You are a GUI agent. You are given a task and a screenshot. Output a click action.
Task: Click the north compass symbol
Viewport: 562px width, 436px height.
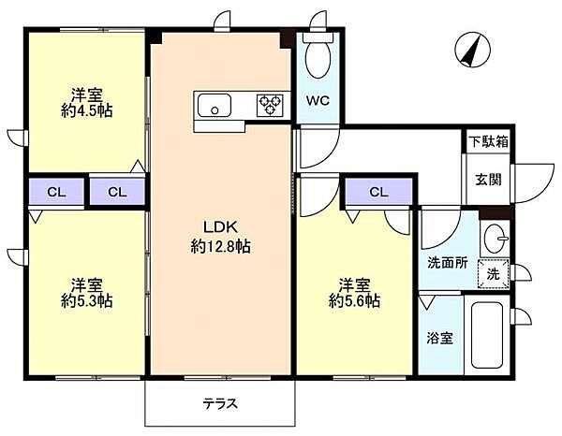(x=473, y=50)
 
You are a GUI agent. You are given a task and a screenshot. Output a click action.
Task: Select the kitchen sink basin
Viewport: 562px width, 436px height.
(x=214, y=106)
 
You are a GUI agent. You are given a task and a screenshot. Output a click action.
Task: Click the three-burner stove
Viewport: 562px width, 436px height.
(x=271, y=106)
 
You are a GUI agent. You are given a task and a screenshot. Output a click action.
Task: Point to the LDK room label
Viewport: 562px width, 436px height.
(x=220, y=226)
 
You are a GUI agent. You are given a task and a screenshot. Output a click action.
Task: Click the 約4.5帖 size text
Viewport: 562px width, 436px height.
(x=87, y=111)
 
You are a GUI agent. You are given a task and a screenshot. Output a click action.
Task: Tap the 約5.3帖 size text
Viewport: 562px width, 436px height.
(x=87, y=301)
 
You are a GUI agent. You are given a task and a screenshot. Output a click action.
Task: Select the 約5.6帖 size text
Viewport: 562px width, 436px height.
(x=354, y=301)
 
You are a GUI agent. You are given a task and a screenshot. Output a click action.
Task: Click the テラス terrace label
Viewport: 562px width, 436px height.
(x=220, y=404)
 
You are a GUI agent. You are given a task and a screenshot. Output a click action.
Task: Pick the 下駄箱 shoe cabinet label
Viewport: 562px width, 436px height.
(x=489, y=142)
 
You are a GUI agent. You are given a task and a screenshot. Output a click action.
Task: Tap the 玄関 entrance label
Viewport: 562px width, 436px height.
(x=488, y=180)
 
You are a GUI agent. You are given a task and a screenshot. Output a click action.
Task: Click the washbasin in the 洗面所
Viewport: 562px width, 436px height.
(x=495, y=238)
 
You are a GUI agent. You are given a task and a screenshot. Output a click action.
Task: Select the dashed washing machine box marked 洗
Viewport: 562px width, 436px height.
(x=494, y=273)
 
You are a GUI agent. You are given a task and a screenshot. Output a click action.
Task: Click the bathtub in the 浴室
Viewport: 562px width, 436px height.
(x=487, y=335)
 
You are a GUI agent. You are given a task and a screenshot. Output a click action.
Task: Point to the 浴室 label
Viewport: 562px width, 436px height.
(x=440, y=338)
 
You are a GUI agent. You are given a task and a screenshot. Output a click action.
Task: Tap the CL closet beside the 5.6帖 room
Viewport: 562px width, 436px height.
(x=378, y=192)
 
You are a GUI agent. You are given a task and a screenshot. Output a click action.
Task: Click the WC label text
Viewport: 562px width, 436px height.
(x=318, y=101)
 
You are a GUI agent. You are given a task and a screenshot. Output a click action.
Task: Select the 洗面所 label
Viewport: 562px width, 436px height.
(x=448, y=263)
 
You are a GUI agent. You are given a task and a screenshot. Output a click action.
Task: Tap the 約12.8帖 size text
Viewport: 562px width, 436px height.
(x=220, y=247)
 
